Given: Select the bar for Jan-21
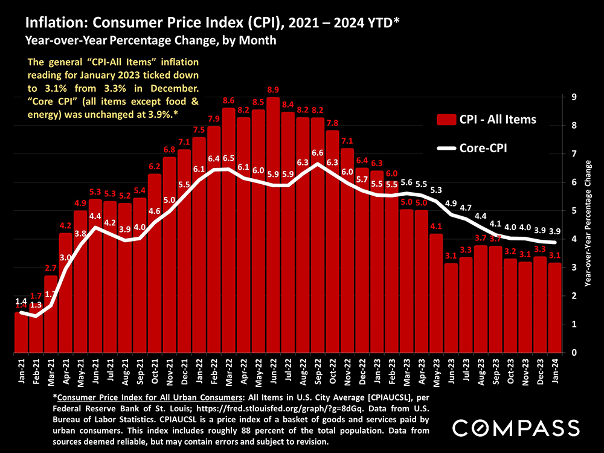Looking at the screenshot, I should tap(21, 332).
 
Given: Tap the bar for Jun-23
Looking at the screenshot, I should tap(451, 307).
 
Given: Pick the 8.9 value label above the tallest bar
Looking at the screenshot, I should tap(273, 89).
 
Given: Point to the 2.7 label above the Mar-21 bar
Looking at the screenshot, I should tap(51, 268).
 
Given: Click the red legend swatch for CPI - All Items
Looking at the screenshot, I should tap(446, 120).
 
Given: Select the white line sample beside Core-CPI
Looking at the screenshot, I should tap(446, 147).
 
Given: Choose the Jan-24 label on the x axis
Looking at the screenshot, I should tap(554, 370).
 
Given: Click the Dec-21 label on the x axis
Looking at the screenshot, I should tap(185, 370).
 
